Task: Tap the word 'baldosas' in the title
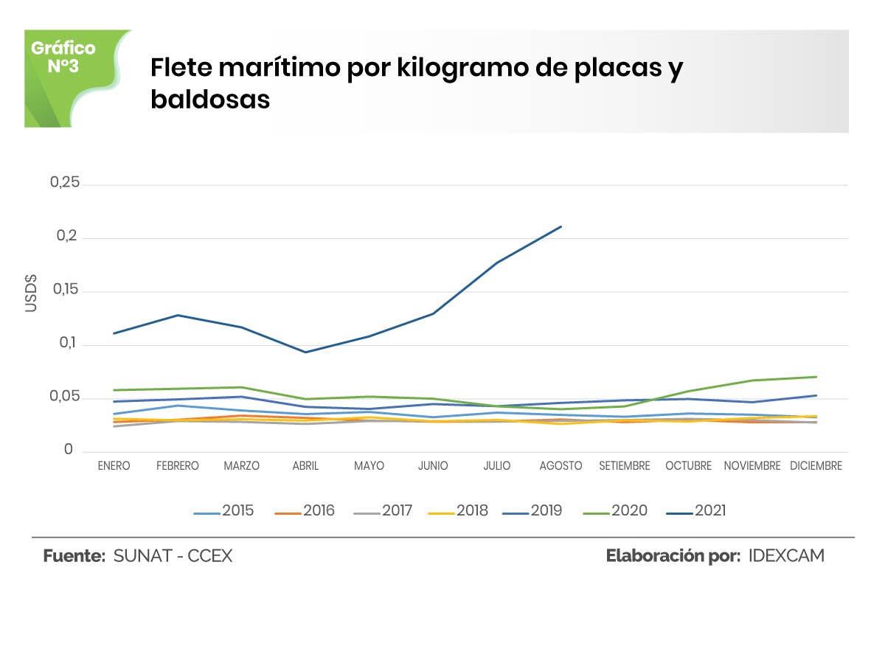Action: pyautogui.click(x=210, y=100)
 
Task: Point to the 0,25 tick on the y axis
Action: pyautogui.click(x=64, y=183)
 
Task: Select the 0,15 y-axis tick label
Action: pyautogui.click(x=64, y=291)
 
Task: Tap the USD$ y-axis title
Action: pyautogui.click(x=31, y=293)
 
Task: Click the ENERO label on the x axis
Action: pyautogui.click(x=114, y=466)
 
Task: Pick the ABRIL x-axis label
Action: pyautogui.click(x=305, y=466)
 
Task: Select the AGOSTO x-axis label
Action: pyautogui.click(x=561, y=466)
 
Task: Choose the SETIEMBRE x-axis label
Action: pyautogui.click(x=625, y=466)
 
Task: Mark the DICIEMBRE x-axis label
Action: pyautogui.click(x=816, y=466)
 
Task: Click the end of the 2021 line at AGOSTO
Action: pyautogui.click(x=561, y=226)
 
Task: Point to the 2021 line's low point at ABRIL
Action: pyautogui.click(x=305, y=352)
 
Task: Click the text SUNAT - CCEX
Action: pyautogui.click(x=173, y=556)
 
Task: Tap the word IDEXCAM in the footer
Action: pyautogui.click(x=786, y=556)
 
